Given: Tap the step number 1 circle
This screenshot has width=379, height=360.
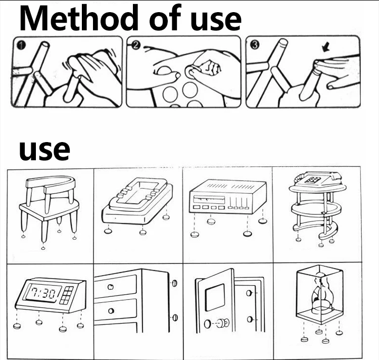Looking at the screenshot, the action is click(x=21, y=45).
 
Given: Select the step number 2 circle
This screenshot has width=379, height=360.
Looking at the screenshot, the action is click(x=136, y=45).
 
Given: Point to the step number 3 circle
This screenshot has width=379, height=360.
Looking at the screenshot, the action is click(x=255, y=44).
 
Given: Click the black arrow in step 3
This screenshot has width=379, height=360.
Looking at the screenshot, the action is click(x=326, y=47).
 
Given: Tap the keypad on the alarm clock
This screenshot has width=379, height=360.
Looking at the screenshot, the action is click(x=67, y=295).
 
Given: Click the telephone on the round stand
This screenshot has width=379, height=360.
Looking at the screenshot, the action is click(x=318, y=178).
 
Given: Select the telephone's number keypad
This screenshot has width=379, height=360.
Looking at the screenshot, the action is click(x=313, y=179).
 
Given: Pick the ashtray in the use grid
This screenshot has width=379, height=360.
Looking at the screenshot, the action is click(x=137, y=200).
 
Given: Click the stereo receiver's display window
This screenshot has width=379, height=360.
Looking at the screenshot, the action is click(x=209, y=199).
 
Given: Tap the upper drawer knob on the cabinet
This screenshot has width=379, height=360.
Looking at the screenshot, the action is click(x=111, y=287).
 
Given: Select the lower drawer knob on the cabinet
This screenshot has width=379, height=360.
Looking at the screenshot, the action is click(x=111, y=310).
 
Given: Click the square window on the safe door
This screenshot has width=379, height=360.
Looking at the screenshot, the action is click(x=215, y=297).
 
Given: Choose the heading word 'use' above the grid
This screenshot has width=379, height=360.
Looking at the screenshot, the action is click(x=44, y=150).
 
